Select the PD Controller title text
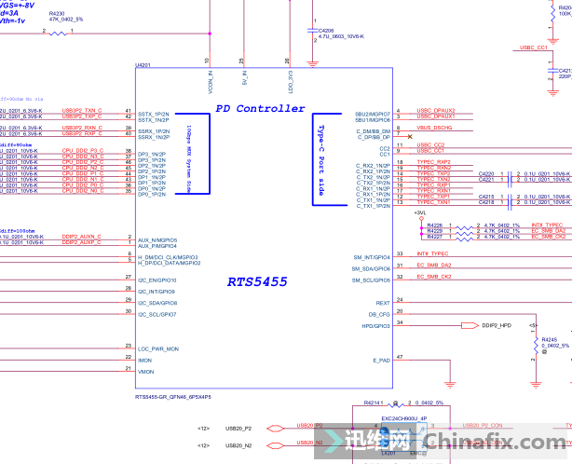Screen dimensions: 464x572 tap(260, 108)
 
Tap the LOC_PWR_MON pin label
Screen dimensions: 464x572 tap(157, 348)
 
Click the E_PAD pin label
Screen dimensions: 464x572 tap(381, 359)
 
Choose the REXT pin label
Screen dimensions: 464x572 tap(382, 302)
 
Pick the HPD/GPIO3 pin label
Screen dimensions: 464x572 tap(375, 325)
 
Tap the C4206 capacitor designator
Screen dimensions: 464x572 tap(326, 30)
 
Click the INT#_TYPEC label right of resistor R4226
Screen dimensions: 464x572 tap(546, 225)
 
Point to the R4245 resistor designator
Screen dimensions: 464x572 tap(549, 339)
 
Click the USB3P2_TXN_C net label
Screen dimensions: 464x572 tap(82, 110)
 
